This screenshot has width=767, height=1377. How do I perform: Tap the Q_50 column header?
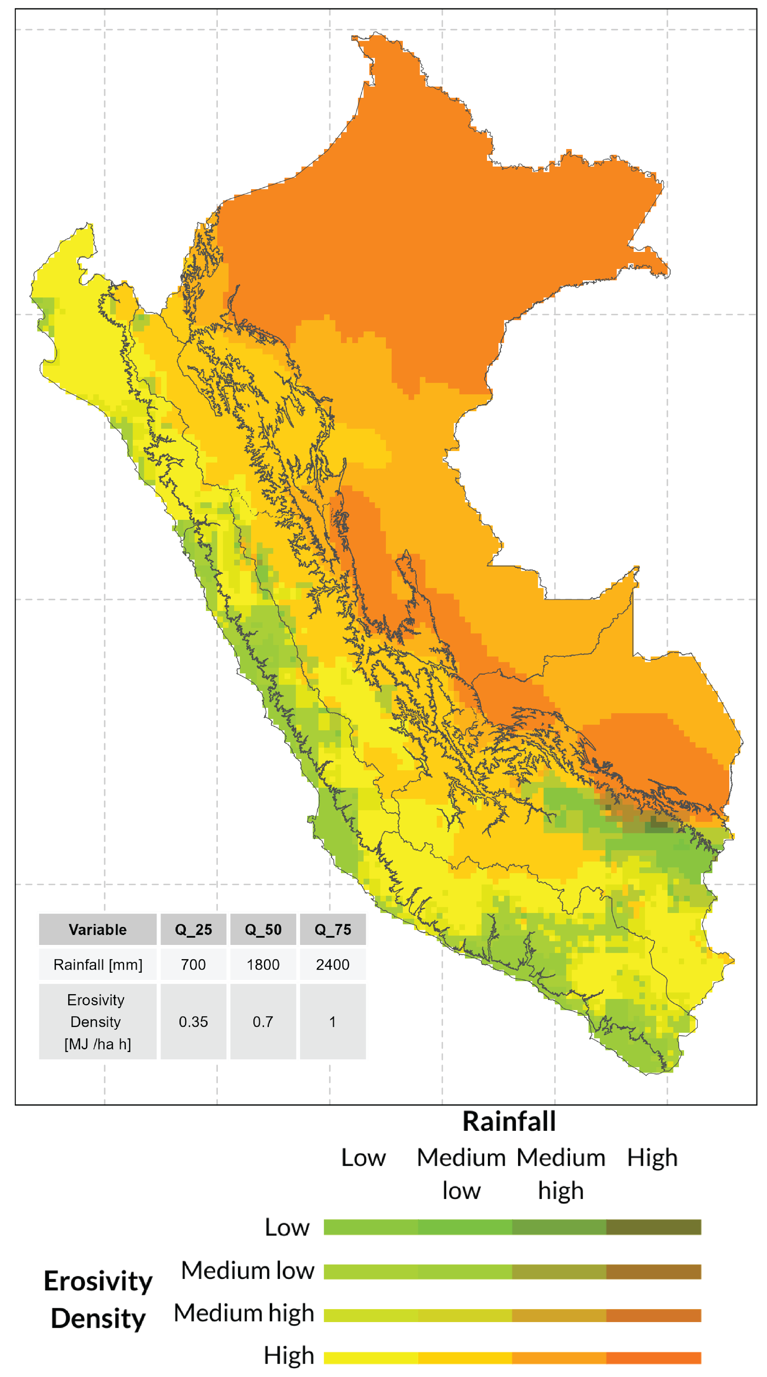(x=263, y=930)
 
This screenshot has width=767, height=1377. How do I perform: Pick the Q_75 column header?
(x=333, y=930)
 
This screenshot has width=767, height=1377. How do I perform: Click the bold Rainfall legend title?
(x=509, y=1121)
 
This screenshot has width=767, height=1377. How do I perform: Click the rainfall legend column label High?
(x=652, y=1158)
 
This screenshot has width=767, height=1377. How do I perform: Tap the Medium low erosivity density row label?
(x=247, y=1270)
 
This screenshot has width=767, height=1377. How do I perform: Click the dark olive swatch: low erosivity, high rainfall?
(x=653, y=1227)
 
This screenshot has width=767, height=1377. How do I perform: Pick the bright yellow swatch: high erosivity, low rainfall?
(x=371, y=1358)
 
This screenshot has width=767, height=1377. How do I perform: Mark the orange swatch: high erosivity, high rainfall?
(x=653, y=1358)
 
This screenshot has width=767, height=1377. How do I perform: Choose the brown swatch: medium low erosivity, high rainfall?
(x=653, y=1272)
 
